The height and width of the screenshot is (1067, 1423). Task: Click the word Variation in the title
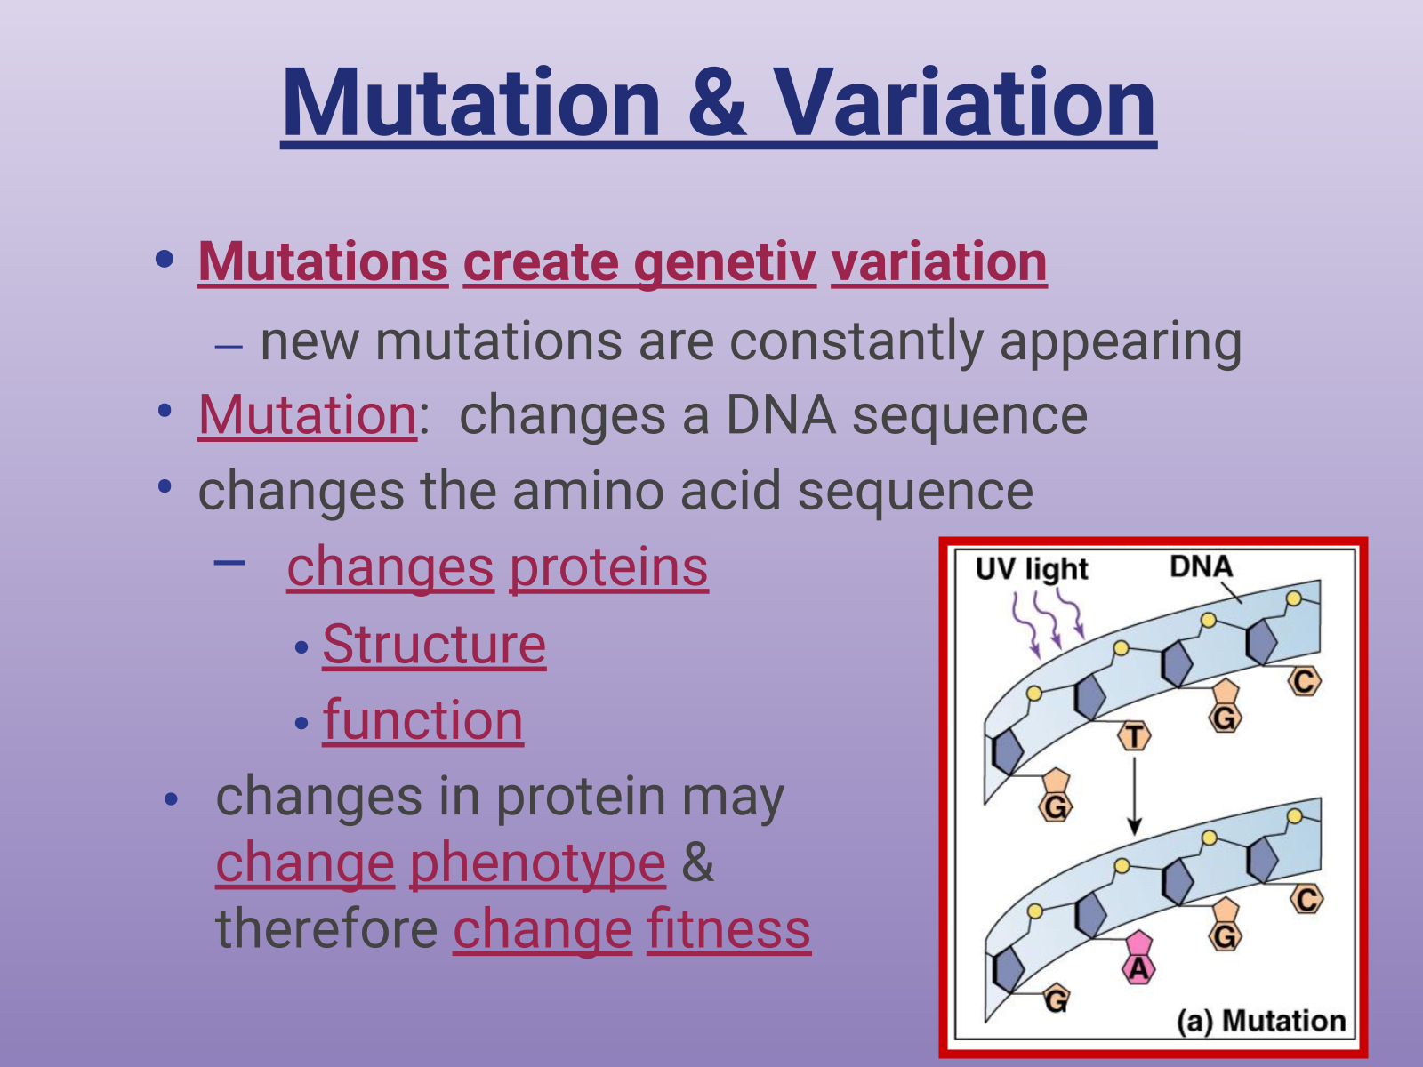tap(965, 104)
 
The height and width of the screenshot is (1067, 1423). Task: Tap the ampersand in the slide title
tap(717, 104)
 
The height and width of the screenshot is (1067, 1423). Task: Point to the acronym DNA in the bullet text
tap(781, 414)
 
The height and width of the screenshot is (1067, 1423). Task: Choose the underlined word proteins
tap(608, 568)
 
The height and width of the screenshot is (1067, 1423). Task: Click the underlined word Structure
tap(434, 645)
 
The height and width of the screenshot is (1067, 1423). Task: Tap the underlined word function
tap(422, 719)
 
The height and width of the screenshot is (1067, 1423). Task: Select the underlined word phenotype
tap(538, 864)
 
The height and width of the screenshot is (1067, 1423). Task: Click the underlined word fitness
tap(728, 929)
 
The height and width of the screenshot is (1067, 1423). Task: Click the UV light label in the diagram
tap(1032, 570)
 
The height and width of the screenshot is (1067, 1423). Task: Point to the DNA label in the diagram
tap(1202, 567)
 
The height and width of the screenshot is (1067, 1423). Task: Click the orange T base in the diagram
tap(1134, 736)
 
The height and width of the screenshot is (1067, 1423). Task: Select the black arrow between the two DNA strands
tap(1134, 797)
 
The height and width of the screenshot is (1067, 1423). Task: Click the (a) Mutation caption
tap(1261, 1021)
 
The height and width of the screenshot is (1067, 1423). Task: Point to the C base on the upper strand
tap(1305, 681)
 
